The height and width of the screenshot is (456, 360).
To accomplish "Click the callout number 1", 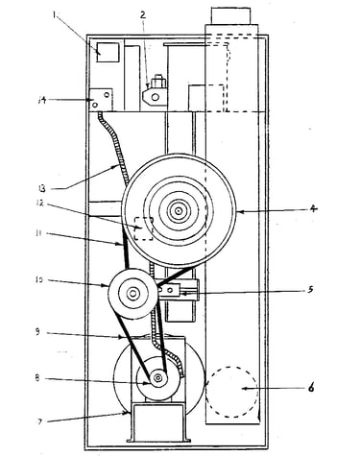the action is click(x=55, y=14).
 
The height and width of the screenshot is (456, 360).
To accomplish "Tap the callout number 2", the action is click(x=143, y=15).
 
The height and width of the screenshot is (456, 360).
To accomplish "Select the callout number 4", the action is click(x=314, y=208).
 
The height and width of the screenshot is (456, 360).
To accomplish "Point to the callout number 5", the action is click(x=310, y=289).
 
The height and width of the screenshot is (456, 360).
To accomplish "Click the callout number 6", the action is click(x=311, y=388).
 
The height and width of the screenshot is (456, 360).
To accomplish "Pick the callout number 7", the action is click(x=39, y=421).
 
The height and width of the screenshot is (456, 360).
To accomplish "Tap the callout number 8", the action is click(x=37, y=378).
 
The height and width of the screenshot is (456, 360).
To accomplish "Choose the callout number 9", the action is click(x=37, y=332).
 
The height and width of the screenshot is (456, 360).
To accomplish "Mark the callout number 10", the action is click(x=40, y=280).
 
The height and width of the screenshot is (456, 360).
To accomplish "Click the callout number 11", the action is click(x=40, y=233).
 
